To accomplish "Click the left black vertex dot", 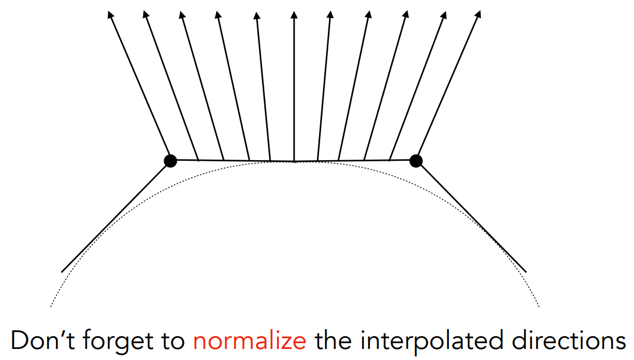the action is pyautogui.click(x=170, y=160).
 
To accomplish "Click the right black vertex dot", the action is pyautogui.click(x=416, y=160).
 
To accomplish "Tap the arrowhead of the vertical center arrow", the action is pyautogui.click(x=293, y=13).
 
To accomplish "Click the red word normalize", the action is pyautogui.click(x=250, y=341).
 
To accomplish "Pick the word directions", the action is pyautogui.click(x=562, y=341).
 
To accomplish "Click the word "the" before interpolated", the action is pyautogui.click(x=334, y=341).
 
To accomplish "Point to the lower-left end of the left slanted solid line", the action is pyautogui.click(x=62, y=271).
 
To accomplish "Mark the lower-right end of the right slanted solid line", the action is pyautogui.click(x=526, y=271).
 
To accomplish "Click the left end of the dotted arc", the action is pyautogui.click(x=51, y=306).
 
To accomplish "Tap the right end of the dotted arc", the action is pyautogui.click(x=540, y=306).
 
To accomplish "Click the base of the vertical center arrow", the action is pyautogui.click(x=293, y=161).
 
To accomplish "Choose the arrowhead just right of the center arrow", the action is pyautogui.click(x=331, y=14).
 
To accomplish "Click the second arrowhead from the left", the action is pyautogui.click(x=146, y=13).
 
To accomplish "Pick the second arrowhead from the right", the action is pyautogui.click(x=442, y=13).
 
